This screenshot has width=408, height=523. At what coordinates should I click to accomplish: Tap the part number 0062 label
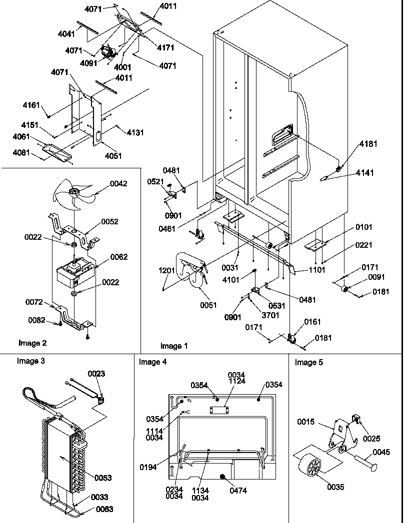[119, 257]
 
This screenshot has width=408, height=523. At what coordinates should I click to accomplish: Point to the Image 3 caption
[31, 361]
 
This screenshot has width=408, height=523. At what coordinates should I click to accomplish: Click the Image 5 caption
[308, 362]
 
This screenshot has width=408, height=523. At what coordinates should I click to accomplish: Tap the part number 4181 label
[368, 144]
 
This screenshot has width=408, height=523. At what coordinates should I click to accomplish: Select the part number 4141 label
[364, 173]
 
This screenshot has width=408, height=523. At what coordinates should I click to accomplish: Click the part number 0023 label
[96, 374]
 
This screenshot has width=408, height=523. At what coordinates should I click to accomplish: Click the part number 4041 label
[66, 33]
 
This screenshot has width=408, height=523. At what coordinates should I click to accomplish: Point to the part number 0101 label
[364, 228]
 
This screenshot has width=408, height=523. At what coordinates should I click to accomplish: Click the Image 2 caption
[32, 343]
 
